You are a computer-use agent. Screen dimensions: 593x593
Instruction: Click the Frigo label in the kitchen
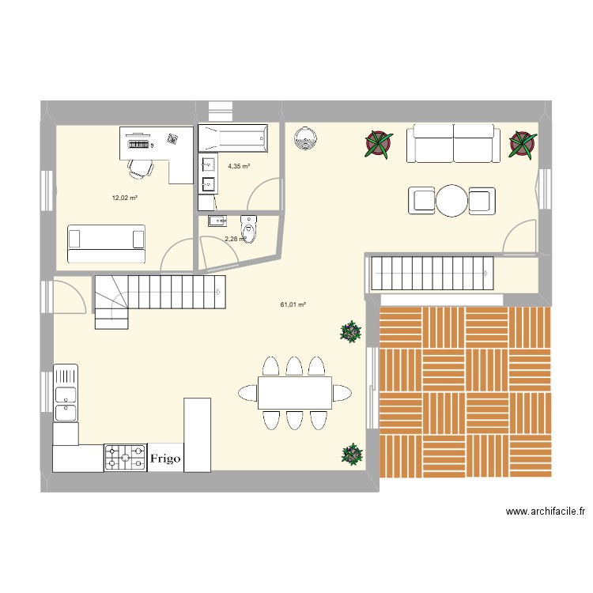click(165, 458)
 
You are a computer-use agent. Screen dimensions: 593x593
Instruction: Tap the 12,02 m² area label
click(125, 198)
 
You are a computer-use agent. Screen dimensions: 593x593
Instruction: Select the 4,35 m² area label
click(239, 167)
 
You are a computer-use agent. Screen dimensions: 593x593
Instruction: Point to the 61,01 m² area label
click(293, 304)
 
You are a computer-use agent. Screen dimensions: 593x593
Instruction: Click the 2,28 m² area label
click(235, 239)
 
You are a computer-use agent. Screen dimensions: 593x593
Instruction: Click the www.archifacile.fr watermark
click(546, 512)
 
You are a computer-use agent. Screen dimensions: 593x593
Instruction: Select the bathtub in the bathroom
click(233, 139)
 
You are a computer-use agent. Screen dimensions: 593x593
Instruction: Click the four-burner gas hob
click(125, 458)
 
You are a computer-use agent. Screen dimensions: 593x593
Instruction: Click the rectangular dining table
click(295, 393)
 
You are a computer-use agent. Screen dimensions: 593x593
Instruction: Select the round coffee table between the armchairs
click(453, 201)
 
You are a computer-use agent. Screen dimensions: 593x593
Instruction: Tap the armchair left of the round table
click(421, 201)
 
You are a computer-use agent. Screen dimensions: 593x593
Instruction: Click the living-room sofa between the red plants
click(453, 144)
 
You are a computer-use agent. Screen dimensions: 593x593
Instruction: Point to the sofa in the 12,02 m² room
click(107, 243)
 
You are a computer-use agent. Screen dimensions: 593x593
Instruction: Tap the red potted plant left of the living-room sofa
click(379, 145)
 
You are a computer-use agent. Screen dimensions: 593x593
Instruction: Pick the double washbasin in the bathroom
click(210, 175)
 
